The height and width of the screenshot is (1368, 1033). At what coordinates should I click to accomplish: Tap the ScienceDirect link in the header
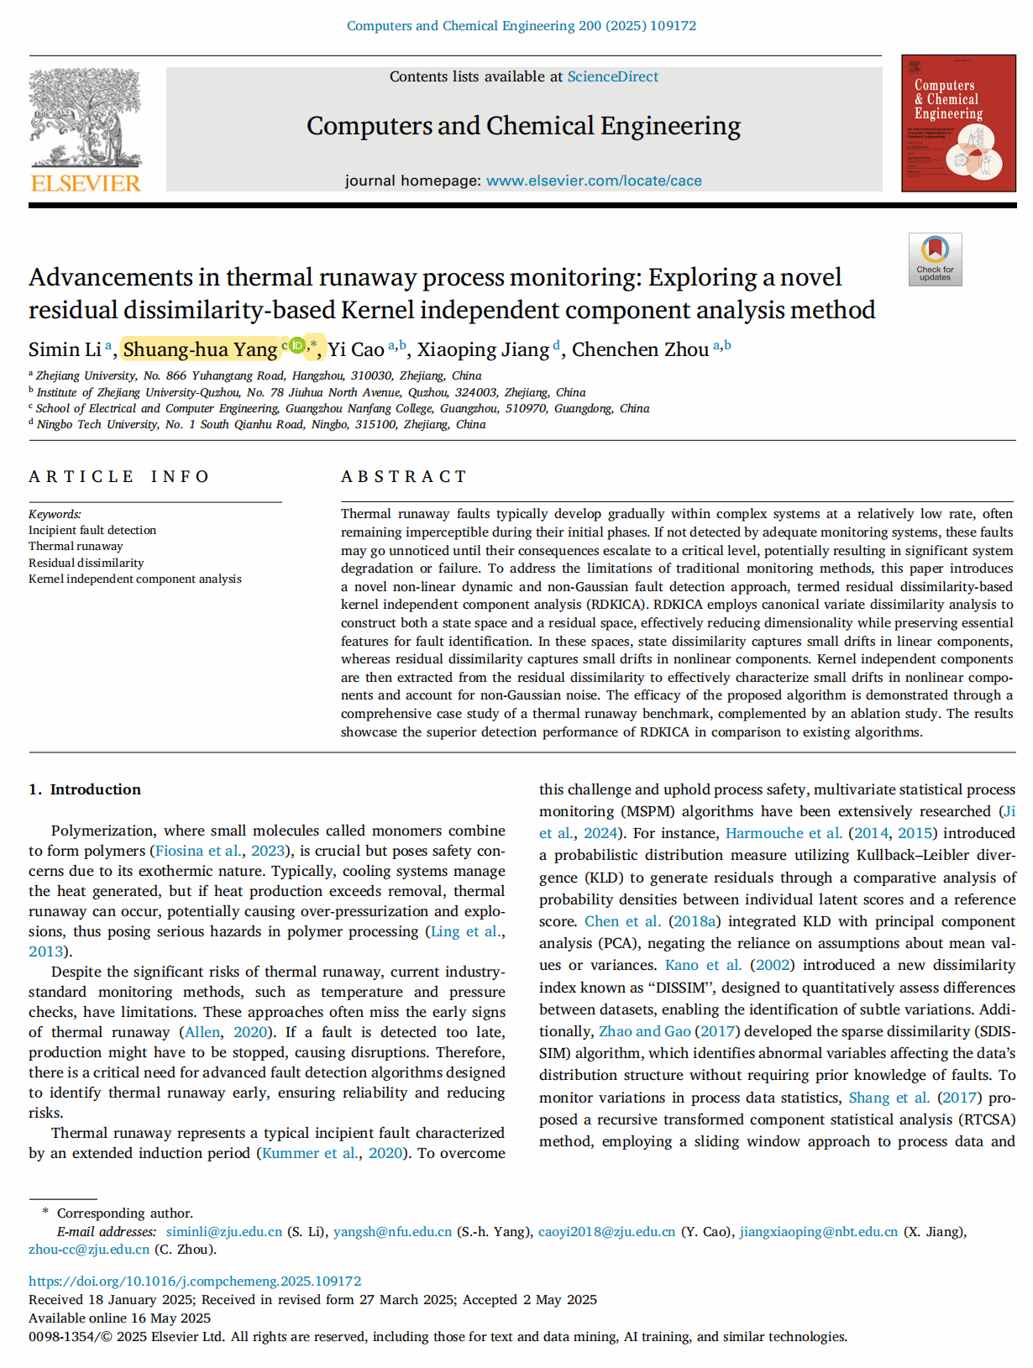[612, 76]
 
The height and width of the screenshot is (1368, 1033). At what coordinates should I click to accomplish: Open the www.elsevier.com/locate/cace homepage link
[594, 181]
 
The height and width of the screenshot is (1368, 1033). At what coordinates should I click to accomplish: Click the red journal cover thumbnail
[957, 123]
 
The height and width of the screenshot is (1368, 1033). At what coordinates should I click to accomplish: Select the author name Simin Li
[65, 349]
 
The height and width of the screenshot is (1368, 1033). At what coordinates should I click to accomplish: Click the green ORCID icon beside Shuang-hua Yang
[296, 345]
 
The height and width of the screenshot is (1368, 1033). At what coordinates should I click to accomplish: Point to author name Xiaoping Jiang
[483, 349]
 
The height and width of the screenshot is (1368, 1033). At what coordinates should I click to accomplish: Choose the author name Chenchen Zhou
[640, 349]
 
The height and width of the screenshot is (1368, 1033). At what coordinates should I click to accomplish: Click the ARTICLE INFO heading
[118, 476]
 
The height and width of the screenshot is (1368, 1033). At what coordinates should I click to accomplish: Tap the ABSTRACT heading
[403, 476]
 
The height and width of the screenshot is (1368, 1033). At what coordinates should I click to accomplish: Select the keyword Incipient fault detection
[92, 530]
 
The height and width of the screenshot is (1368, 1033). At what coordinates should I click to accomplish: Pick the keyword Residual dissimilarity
[86, 563]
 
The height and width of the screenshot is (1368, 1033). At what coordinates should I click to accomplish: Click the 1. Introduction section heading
[85, 789]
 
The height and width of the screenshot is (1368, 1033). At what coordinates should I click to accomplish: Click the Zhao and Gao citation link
[644, 1031]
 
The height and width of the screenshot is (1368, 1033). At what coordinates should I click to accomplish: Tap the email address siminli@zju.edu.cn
[224, 1232]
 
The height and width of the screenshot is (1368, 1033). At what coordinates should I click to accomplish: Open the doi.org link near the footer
[195, 1282]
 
